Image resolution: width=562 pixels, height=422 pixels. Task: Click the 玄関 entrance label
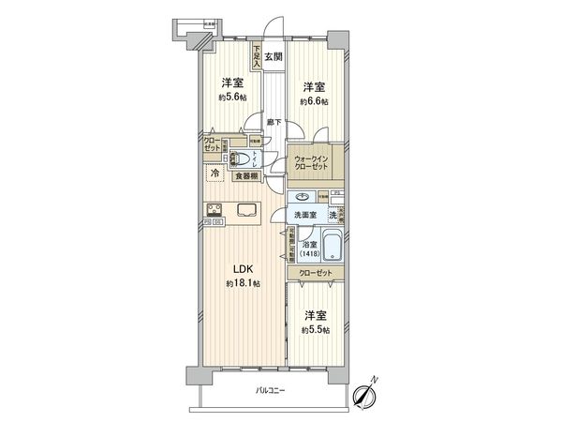click(271, 57)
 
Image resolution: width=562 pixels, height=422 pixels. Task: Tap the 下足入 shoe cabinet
click(256, 58)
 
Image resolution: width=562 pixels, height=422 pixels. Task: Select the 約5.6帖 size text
click(232, 97)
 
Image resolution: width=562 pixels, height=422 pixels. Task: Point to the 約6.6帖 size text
click(312, 101)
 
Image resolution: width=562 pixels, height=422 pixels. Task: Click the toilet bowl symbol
click(243, 159)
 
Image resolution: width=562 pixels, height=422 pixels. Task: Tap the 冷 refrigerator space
click(214, 173)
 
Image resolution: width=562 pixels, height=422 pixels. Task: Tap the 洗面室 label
click(305, 217)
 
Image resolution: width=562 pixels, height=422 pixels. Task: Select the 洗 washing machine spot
click(333, 217)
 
